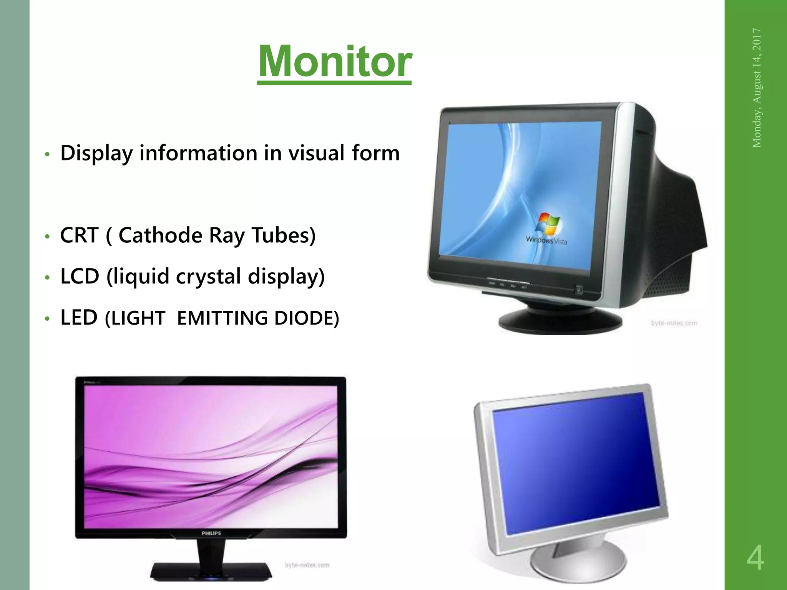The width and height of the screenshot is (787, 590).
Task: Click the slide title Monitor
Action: click(335, 61)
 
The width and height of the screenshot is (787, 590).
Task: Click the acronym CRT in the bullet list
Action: click(79, 235)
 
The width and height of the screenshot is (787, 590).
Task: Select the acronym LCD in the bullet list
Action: click(80, 276)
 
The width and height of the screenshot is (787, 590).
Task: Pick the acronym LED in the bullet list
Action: click(79, 318)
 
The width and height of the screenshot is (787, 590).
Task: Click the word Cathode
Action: click(160, 235)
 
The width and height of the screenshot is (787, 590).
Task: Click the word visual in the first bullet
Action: click(316, 153)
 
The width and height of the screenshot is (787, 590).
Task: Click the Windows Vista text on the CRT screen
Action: click(546, 240)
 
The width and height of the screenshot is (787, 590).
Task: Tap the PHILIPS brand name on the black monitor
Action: click(211, 533)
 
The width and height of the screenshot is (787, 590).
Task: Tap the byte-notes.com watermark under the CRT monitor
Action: click(674, 323)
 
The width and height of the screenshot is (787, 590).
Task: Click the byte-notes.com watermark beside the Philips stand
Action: click(307, 565)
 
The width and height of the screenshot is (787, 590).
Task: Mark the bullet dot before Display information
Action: click(47, 154)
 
